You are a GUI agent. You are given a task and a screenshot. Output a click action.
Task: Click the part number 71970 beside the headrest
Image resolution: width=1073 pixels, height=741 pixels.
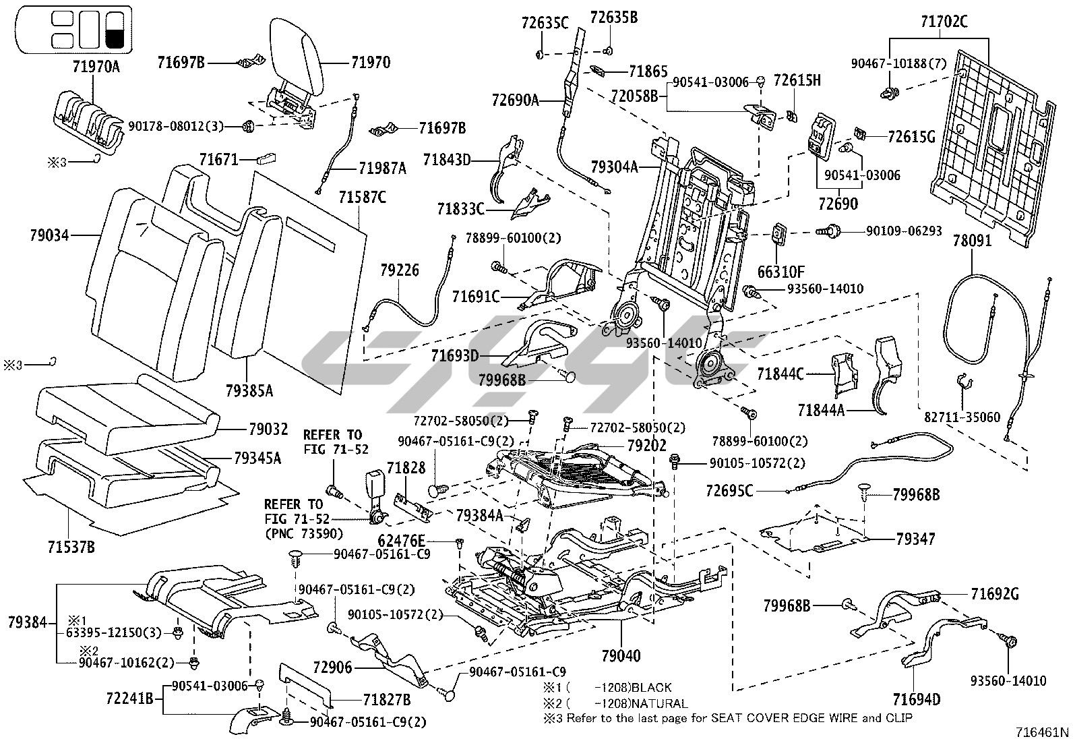371,62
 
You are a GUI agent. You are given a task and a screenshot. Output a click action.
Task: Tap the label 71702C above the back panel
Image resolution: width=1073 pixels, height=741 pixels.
944,22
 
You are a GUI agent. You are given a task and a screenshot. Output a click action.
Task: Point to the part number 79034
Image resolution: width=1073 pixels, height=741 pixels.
49,235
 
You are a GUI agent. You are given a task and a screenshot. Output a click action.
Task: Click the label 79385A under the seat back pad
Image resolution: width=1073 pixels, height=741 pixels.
249,391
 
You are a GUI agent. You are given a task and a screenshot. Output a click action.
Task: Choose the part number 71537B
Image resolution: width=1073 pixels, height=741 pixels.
71,547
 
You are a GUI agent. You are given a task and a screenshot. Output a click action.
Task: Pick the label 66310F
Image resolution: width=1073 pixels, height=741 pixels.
780,272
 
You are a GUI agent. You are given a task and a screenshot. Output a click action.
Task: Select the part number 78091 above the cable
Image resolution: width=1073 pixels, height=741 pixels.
972,241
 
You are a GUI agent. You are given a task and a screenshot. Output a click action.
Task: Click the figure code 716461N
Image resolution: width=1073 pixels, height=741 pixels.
1043,732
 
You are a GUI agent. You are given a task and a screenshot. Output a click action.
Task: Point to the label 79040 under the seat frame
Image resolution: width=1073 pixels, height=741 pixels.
621,655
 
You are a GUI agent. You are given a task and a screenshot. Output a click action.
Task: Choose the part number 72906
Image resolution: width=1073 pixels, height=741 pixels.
332,668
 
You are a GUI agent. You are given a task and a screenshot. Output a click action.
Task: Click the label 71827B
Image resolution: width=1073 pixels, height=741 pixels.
387,700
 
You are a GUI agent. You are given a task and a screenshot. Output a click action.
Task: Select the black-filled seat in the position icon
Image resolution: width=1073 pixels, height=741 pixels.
115,30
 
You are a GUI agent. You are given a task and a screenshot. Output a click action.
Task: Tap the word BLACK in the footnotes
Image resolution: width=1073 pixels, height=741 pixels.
652,687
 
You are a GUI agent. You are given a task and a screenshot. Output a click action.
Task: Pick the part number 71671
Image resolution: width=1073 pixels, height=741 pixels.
219,159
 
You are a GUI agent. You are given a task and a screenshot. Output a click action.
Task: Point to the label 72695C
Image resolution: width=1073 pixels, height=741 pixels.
729,491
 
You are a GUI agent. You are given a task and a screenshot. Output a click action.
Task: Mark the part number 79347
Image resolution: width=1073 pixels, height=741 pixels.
915,539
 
